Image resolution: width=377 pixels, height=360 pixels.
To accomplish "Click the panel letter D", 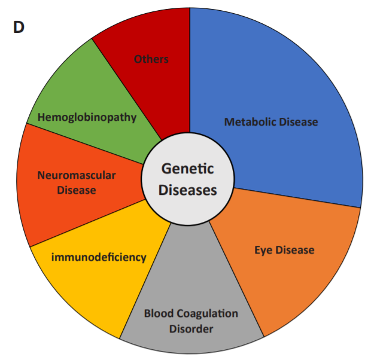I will [x=19, y=28].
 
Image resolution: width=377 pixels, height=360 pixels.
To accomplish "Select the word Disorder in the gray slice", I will [x=191, y=328].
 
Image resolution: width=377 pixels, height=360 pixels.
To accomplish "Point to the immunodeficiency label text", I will [x=99, y=257].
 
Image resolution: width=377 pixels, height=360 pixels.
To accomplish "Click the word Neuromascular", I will [x=76, y=175].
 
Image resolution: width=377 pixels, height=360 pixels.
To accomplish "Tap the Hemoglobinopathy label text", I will [x=87, y=117].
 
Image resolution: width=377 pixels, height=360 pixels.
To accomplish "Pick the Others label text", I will [x=151, y=59].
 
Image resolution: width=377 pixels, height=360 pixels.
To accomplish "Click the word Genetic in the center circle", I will [x=187, y=169].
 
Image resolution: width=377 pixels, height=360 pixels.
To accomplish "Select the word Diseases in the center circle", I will [x=187, y=190].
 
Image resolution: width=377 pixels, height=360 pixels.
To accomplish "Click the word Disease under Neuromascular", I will [x=76, y=190].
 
